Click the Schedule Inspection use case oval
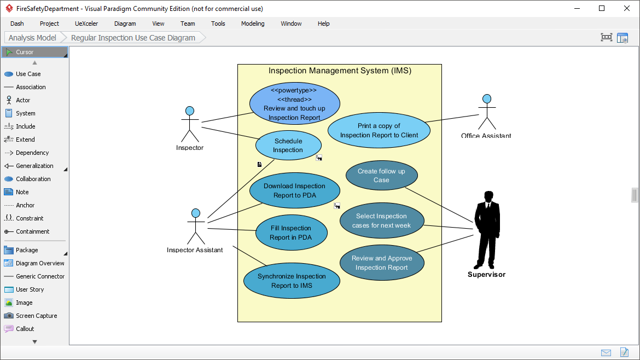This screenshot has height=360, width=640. pos(288,146)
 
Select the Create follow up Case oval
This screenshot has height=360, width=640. pos(381,176)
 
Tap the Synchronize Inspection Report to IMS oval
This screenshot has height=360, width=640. pos(292,281)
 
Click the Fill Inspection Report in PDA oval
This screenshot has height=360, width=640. pos(291,233)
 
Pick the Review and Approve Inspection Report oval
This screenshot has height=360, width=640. pos(381,263)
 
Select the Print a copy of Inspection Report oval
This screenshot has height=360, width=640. pos(379,131)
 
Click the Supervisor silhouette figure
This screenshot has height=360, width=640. pos(486,230)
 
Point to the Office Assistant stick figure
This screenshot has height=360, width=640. pos(486,112)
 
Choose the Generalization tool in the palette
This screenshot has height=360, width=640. pos(34,166)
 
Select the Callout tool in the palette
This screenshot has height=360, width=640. pos(25,329)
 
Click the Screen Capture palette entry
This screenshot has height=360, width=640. pos(36,316)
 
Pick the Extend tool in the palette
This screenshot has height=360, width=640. pos(25,140)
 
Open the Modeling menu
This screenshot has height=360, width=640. pos(253,24)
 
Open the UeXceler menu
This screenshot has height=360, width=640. pos(86,24)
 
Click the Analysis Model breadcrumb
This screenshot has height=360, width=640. pos(32,38)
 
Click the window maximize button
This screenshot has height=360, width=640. pos(602,8)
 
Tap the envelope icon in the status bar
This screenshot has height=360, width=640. pos(606,352)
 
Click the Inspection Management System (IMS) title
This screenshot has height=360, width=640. pos(340,71)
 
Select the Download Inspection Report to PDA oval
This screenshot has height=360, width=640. pos(294,191)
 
